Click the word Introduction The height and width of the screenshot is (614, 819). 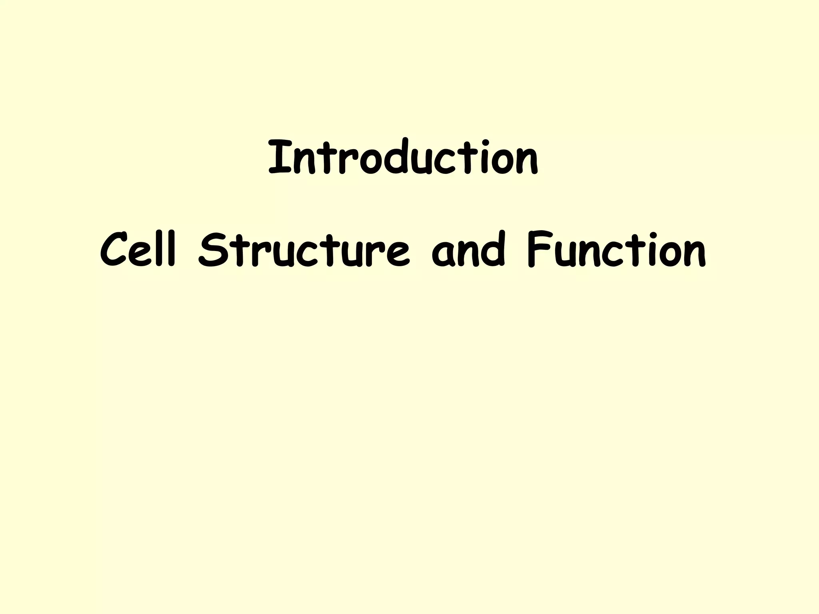click(403, 158)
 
